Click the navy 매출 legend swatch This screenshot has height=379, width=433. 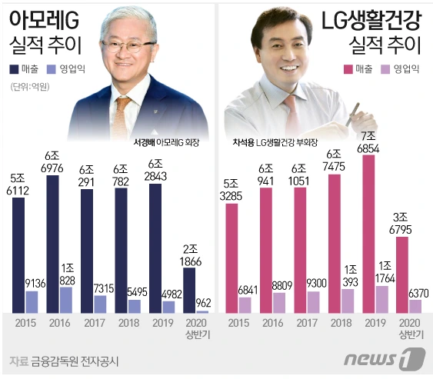coord(15,68)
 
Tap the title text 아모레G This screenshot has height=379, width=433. coord(41,17)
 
